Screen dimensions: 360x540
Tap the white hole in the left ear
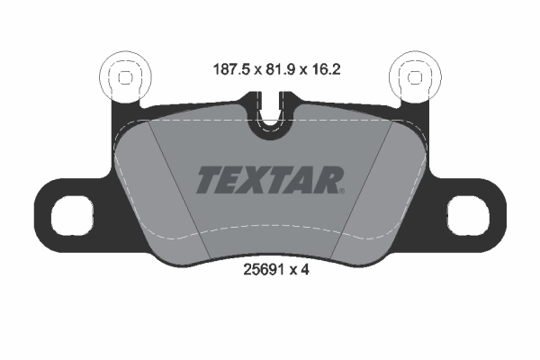(71, 214)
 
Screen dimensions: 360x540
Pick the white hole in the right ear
(469, 214)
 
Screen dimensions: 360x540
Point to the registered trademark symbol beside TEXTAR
(341, 190)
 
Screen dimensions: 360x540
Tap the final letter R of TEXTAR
(328, 180)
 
